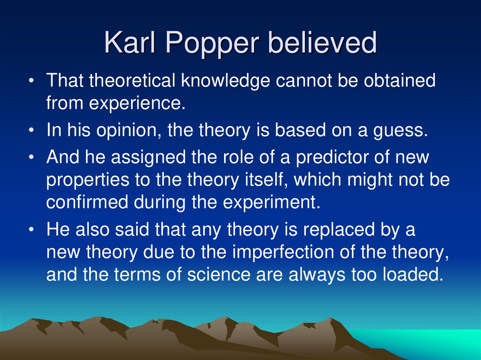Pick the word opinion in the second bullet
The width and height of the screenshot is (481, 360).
pos(127,130)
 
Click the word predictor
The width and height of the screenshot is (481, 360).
pos(335,157)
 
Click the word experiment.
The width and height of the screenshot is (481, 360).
pos(274,203)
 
